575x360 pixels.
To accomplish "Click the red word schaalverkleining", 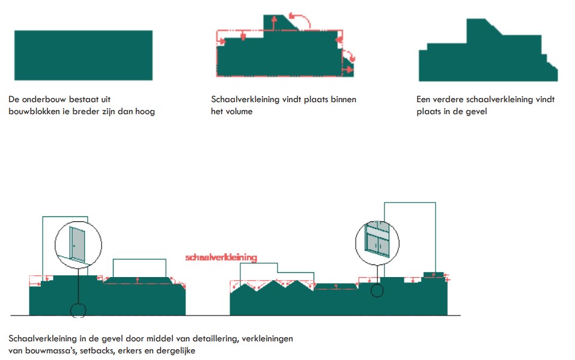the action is point(221,257).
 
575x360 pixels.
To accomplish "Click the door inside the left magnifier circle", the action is point(77,245).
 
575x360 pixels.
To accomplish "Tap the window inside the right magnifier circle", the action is point(377,240).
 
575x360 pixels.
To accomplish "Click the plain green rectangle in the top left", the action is point(84,55).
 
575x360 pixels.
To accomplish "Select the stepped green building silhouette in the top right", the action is point(488,50).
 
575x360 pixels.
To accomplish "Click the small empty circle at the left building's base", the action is point(78,311).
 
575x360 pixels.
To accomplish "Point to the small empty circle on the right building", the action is point(377,291).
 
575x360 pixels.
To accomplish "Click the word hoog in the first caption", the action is point(145,112).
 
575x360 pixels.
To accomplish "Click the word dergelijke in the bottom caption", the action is point(175,351).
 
